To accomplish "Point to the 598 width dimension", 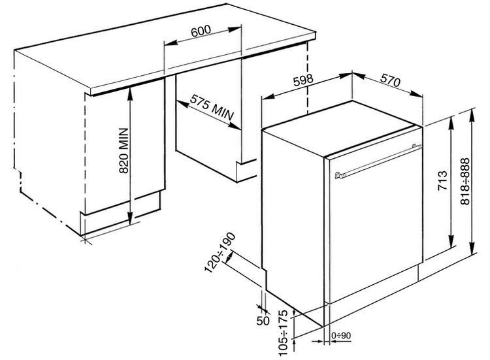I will click(x=304, y=81).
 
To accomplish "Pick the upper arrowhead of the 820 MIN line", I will click(x=131, y=91).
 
